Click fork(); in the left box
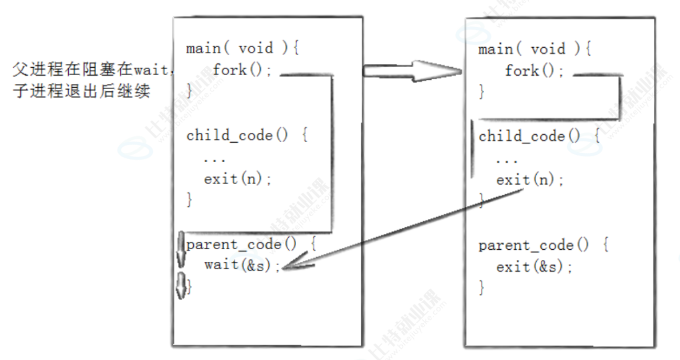243,70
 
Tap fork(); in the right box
535,70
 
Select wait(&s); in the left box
239,264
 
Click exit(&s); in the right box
535,267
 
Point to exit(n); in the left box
238,179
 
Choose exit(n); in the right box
530,180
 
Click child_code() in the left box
237,135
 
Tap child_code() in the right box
529,136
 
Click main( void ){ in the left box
243,49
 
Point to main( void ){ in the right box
535,49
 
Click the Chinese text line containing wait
92,69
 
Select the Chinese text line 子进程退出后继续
81,91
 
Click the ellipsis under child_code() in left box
214,159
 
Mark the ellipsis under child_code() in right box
506,160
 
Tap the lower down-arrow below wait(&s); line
181,284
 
